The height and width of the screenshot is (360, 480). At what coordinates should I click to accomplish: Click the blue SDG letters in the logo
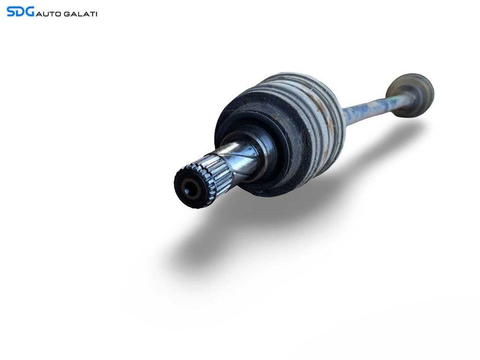(20, 11)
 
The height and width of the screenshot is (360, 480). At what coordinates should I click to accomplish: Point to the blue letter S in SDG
(11, 11)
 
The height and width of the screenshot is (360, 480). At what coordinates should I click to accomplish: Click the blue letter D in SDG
(20, 11)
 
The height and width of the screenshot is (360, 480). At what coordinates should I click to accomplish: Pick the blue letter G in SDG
(29, 11)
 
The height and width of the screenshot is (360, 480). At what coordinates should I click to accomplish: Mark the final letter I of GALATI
(96, 13)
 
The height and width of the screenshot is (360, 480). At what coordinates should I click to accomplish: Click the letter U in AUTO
(45, 13)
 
